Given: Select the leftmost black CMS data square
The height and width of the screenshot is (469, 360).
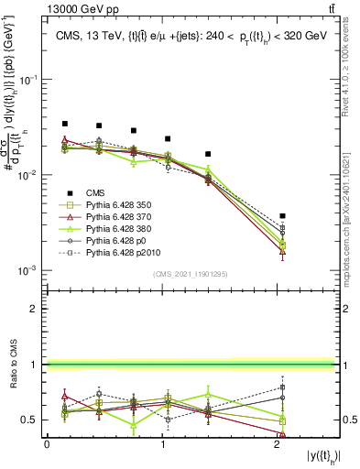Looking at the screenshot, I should pyautogui.click(x=64, y=124).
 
